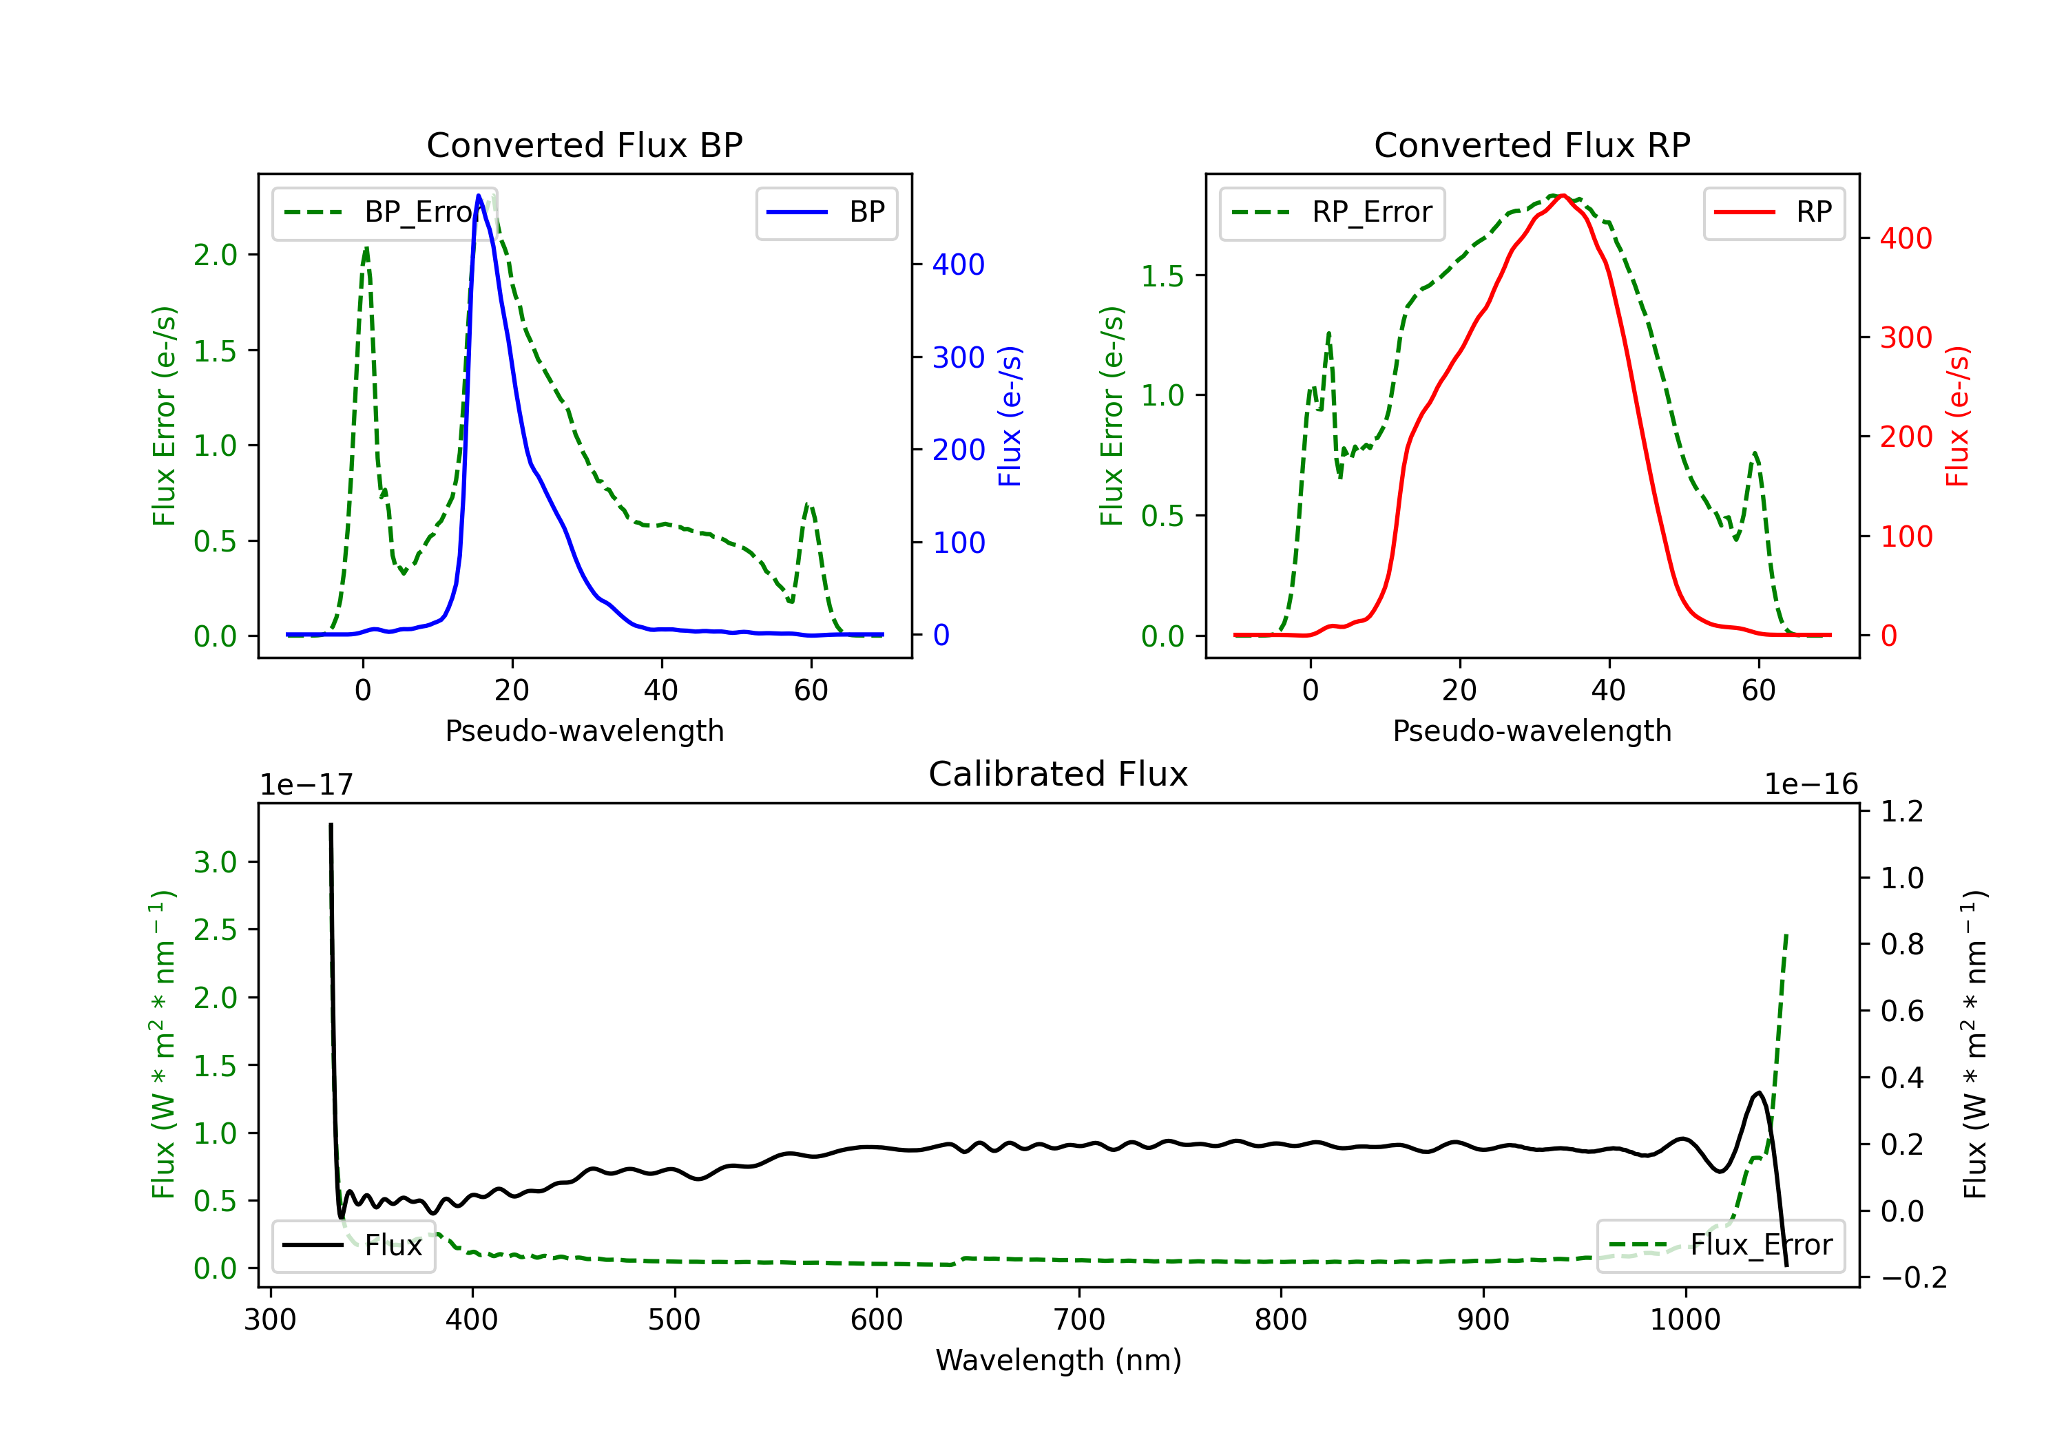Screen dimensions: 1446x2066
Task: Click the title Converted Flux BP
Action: (x=584, y=145)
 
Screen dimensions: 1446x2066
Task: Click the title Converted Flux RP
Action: (x=1532, y=145)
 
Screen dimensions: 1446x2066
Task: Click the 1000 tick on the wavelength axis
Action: (x=1684, y=1319)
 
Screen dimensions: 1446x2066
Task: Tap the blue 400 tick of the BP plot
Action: (x=959, y=264)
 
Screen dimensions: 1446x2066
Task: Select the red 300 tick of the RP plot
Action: (x=1906, y=337)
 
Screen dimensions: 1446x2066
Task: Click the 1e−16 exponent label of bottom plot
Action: (x=1811, y=785)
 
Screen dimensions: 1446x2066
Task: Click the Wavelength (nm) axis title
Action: (x=1058, y=1360)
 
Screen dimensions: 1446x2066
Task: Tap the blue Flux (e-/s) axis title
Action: (x=1010, y=416)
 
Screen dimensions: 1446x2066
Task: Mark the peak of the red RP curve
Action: (x=1563, y=196)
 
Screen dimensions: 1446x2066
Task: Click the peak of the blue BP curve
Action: (x=479, y=196)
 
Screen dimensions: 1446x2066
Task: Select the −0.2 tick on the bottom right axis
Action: (x=1913, y=1278)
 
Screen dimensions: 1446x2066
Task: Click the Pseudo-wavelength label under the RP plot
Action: (x=1532, y=731)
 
